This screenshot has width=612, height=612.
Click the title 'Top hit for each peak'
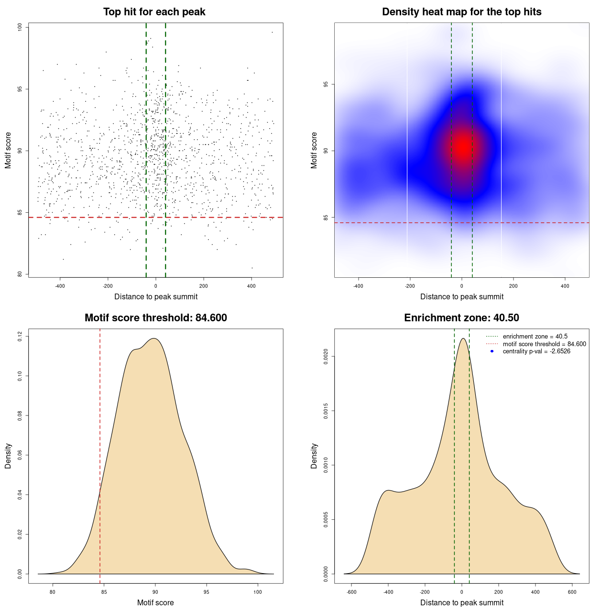[154, 12]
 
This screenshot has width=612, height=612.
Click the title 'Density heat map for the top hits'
[461, 12]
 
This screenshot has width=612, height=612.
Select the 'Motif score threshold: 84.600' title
[155, 318]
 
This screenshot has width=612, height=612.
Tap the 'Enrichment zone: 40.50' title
[461, 318]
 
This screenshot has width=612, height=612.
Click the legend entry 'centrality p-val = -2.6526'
[536, 351]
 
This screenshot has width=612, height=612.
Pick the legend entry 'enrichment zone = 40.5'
[535, 337]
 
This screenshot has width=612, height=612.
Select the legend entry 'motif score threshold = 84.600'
[544, 344]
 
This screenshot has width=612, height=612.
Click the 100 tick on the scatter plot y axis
[20, 27]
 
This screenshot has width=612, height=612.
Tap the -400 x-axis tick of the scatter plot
[60, 286]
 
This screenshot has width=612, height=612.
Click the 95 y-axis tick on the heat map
[326, 84]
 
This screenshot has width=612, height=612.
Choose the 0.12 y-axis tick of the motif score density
[20, 337]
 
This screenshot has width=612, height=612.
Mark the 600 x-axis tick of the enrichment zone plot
[572, 592]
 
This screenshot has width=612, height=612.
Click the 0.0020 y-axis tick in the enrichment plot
[326, 357]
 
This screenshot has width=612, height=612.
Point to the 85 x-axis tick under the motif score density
[104, 592]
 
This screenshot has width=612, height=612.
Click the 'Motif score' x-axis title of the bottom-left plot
[155, 602]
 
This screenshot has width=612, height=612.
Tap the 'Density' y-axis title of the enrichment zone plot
[314, 456]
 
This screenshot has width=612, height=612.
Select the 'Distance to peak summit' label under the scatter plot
[156, 296]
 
